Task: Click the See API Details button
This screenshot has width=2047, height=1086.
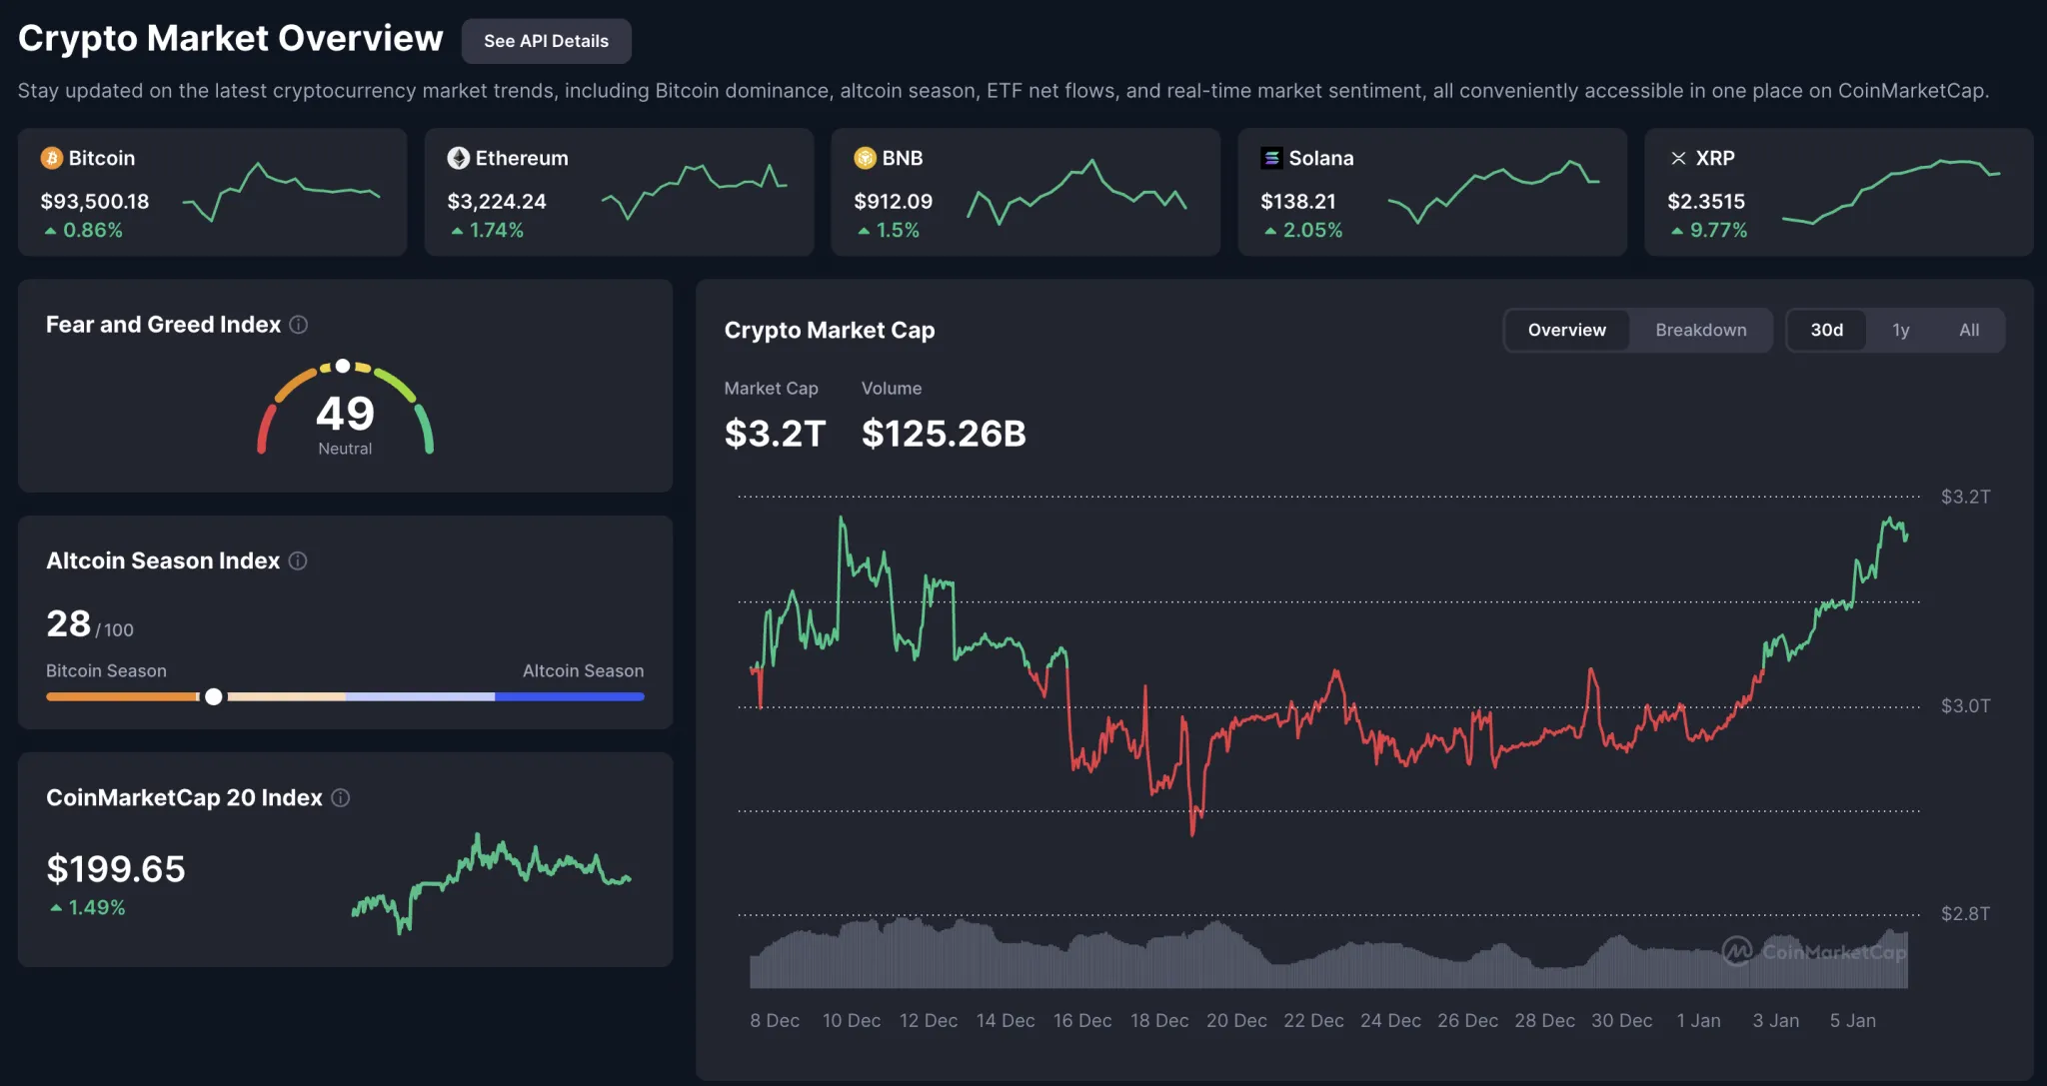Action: (546, 41)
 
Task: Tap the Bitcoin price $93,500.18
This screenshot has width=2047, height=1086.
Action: (95, 201)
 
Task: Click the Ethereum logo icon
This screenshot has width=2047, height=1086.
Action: (459, 158)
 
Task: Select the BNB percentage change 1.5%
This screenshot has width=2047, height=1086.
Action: (897, 230)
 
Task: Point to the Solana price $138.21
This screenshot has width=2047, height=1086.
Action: (1297, 201)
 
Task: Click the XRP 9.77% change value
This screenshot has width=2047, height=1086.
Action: (1717, 230)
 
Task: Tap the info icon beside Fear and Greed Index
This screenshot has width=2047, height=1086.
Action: (298, 325)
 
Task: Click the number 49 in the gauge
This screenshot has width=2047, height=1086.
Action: (345, 413)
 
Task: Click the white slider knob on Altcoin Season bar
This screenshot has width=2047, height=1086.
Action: (214, 696)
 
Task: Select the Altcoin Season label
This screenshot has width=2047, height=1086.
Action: (583, 670)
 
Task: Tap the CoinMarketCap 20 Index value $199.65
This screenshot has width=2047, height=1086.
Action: (116, 868)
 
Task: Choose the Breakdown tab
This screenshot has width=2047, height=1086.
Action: (1700, 330)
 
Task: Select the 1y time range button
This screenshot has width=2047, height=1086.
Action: (1900, 330)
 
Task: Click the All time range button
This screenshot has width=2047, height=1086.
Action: (1968, 330)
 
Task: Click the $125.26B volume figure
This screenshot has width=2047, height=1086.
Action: (944, 433)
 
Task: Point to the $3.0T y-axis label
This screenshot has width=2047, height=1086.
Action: (1964, 705)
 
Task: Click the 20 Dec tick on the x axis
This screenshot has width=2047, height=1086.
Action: (1236, 1020)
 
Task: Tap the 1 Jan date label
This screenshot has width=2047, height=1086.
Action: (1698, 1020)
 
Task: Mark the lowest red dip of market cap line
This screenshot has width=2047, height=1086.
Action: (1192, 831)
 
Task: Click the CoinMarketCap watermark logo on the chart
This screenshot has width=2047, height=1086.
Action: (1737, 950)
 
